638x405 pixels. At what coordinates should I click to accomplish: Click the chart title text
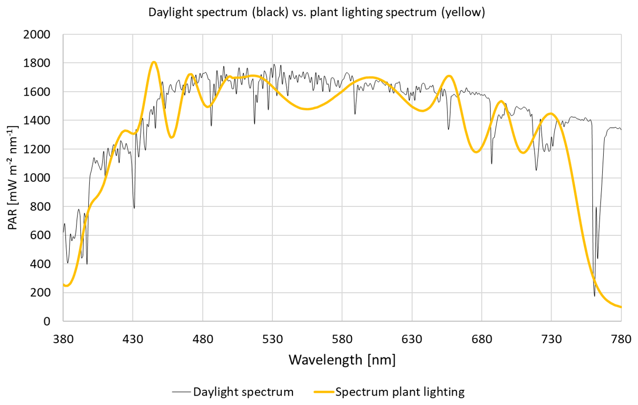click(317, 13)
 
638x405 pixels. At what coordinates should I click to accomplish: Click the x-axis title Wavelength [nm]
click(342, 360)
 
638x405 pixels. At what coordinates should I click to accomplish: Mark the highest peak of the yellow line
click(154, 62)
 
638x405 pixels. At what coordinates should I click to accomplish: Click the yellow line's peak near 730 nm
click(551, 114)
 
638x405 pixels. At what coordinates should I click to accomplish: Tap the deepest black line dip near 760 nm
click(594, 296)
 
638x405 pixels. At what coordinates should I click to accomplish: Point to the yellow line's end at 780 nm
click(621, 307)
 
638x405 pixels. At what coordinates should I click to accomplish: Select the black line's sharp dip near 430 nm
click(134, 208)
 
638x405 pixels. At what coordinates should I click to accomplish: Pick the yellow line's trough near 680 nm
click(476, 152)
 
